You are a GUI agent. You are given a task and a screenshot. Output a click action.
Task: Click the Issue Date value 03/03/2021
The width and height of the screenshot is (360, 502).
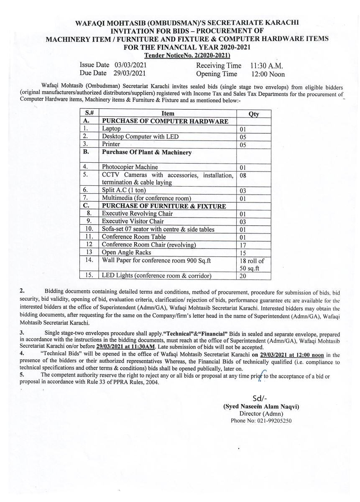tap(130, 65)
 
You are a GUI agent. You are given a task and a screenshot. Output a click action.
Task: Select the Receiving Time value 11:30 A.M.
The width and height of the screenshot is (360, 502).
tap(267, 66)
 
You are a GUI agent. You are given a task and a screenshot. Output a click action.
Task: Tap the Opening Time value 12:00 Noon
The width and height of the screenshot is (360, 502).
tap(268, 74)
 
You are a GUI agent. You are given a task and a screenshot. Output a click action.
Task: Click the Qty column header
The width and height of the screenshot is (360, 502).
tap(254, 114)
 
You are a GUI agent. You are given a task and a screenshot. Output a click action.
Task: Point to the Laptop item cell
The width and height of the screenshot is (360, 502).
tap(111, 129)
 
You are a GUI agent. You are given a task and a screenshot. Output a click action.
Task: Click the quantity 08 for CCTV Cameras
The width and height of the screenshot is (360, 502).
tap(243, 176)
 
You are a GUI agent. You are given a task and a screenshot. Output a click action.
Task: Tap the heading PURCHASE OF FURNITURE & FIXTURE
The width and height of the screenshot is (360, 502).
tap(164, 206)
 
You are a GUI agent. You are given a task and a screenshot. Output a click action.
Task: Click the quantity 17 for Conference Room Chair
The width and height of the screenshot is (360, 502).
tap(243, 245)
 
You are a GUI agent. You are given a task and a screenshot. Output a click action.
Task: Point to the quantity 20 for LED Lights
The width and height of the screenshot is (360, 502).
tap(243, 276)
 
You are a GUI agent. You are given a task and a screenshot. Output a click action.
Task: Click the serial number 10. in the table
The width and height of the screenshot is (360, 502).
tap(89, 229)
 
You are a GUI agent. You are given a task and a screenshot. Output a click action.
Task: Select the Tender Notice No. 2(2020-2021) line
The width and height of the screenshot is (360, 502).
tap(187, 55)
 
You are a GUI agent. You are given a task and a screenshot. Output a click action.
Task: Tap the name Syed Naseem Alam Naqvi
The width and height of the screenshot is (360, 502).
tap(261, 407)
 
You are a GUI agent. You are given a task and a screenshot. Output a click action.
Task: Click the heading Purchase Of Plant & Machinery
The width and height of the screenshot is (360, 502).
tap(147, 152)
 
